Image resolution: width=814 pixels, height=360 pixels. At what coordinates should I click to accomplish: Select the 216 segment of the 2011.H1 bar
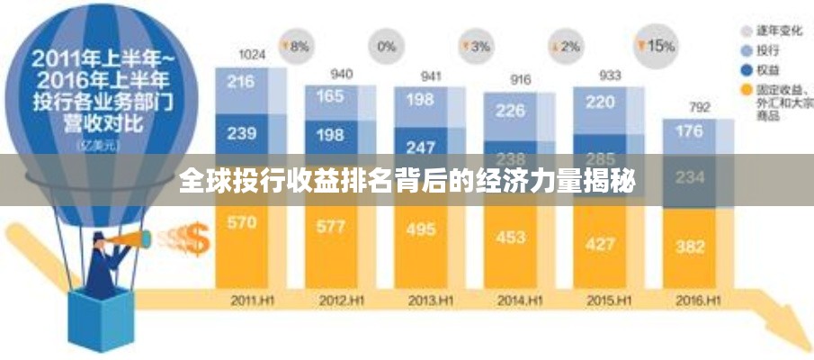(x=241, y=82)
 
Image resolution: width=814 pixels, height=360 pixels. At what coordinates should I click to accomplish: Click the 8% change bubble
(x=296, y=45)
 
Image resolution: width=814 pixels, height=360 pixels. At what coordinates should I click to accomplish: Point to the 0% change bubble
(x=386, y=45)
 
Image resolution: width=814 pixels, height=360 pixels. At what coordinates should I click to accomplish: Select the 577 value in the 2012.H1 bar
(x=331, y=226)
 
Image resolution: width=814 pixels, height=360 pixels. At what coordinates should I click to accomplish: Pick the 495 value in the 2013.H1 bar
(x=421, y=229)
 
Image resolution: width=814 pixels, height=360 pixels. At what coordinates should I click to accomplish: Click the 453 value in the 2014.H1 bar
(x=510, y=237)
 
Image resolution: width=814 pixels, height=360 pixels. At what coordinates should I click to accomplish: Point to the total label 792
(x=699, y=107)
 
